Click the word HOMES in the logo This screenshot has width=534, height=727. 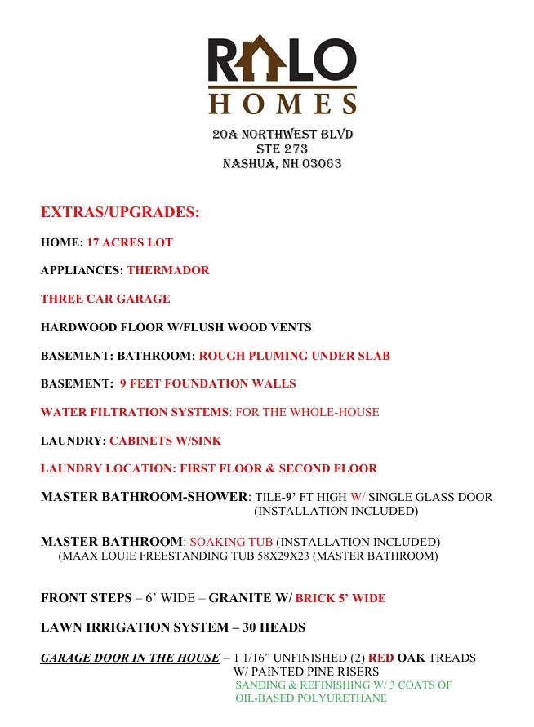283,104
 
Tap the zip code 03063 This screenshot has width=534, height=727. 322,163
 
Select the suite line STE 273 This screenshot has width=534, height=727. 282,149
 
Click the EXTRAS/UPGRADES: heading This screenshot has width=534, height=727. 120,212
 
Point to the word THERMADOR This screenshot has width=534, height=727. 168,270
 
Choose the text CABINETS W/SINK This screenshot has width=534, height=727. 166,441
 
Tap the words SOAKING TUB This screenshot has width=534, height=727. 231,542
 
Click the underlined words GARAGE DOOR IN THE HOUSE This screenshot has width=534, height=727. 130,658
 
